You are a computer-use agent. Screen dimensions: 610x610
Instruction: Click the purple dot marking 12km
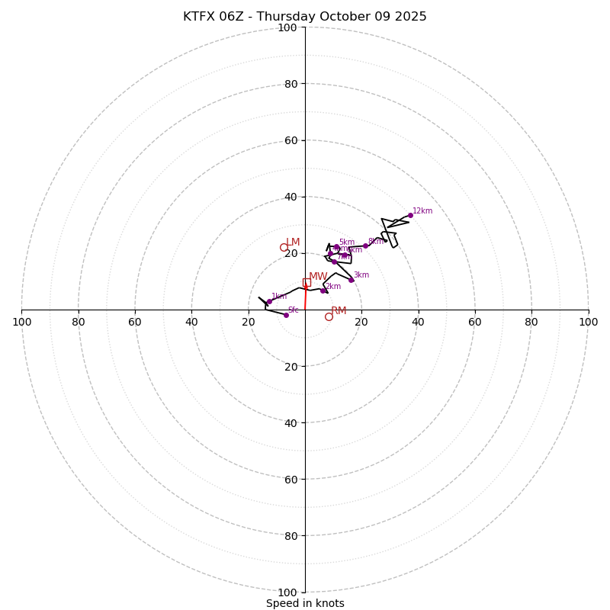point(410,215)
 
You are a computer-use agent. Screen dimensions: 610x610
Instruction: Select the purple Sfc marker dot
point(286,315)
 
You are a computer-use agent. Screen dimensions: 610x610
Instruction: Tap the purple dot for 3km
point(352,280)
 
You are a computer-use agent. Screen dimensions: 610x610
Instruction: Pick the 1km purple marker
point(269,301)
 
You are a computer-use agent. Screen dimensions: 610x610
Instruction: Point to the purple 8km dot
point(365,246)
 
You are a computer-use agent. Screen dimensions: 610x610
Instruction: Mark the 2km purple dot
point(323,291)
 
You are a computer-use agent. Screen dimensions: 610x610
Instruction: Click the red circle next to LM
point(284,247)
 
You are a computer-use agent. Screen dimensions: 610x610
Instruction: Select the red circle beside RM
point(329,316)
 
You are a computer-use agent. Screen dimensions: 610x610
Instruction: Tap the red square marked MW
point(307,282)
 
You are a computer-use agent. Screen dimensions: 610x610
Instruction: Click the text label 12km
point(422,211)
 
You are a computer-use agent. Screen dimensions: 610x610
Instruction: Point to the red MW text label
point(318,277)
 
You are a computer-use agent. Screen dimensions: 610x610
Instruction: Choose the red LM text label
point(293,242)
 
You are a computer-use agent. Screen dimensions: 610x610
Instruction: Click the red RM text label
point(339,310)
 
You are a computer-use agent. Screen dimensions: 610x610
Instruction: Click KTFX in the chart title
point(201,17)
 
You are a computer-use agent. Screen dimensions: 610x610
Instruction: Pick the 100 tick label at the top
point(287,28)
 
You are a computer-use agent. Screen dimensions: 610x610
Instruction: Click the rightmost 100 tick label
point(588,322)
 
